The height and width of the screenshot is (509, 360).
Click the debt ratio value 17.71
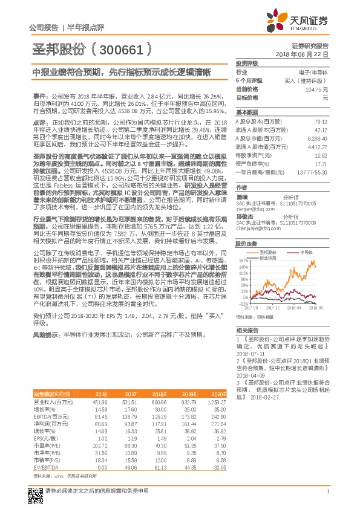(321, 164)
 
